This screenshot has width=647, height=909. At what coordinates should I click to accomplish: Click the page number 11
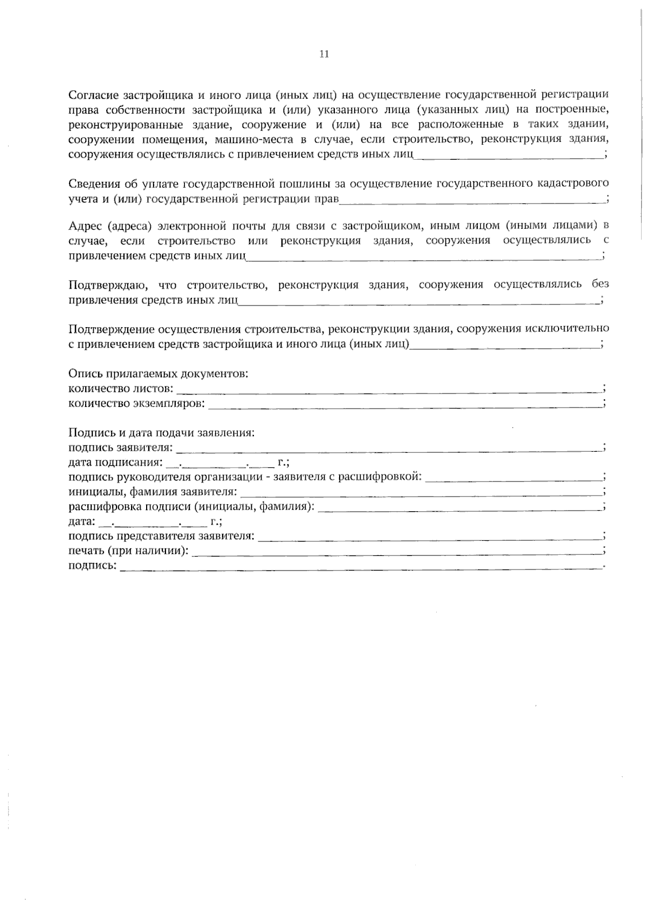(x=324, y=54)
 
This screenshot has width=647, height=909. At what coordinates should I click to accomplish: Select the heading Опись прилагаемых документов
(x=159, y=374)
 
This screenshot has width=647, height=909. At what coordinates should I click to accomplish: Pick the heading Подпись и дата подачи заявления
(x=162, y=433)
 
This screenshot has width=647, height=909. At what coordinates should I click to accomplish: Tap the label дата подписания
(x=115, y=463)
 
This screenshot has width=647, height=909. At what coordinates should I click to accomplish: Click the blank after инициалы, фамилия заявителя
(x=421, y=493)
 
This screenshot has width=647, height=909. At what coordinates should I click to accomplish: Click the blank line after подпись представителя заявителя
(x=430, y=537)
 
